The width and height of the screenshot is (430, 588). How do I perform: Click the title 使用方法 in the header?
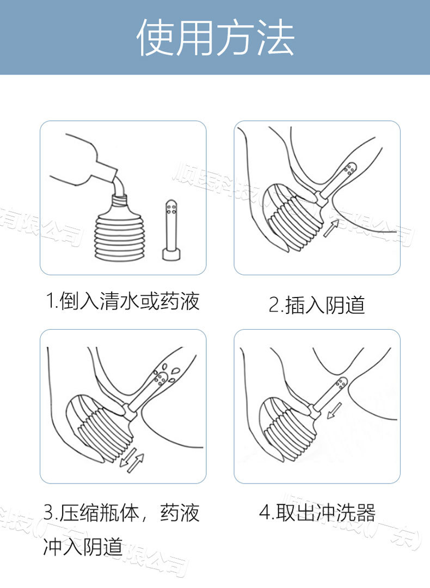215,38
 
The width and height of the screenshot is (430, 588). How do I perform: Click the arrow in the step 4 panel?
335,412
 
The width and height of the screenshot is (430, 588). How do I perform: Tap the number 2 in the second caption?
274,305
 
